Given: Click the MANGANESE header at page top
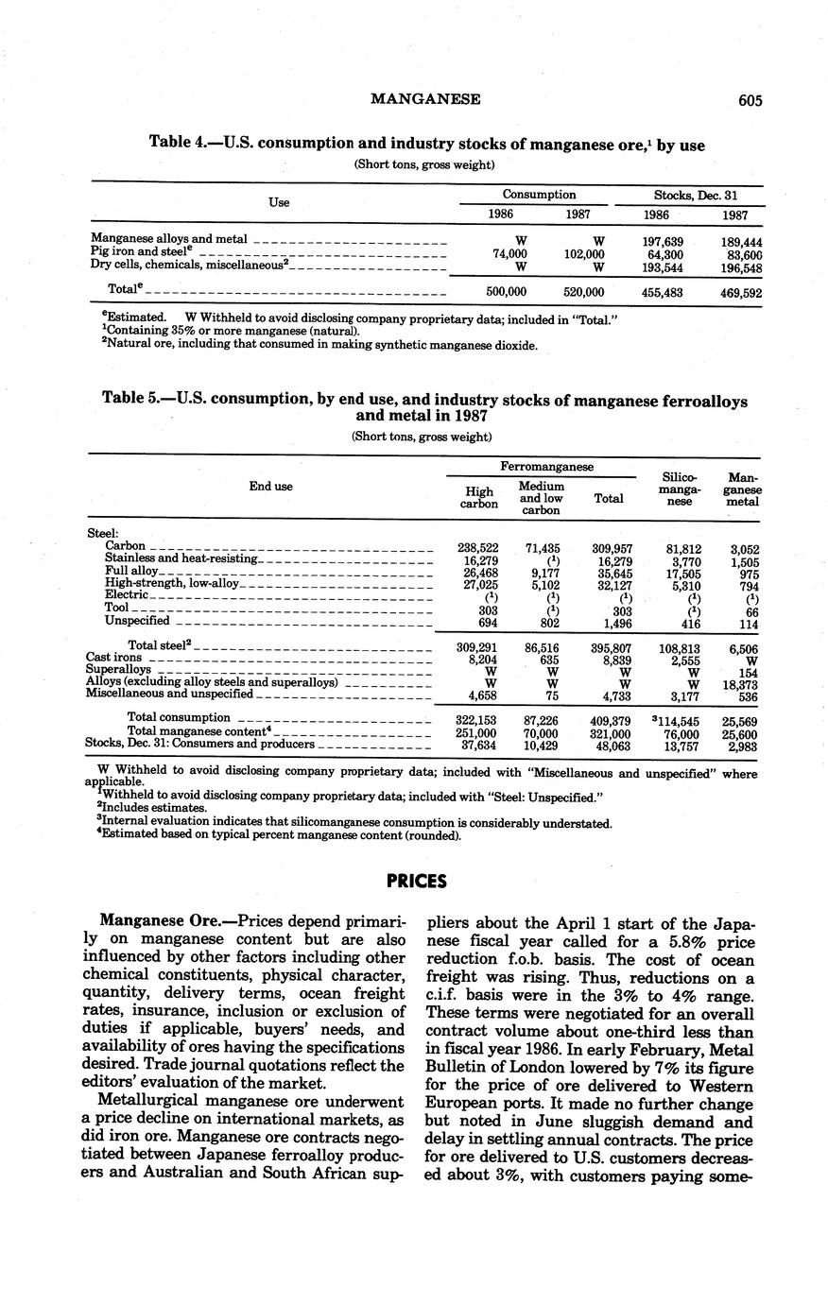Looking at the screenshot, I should (x=425, y=99).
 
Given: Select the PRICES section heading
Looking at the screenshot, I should (x=416, y=882).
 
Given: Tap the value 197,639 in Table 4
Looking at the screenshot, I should (x=662, y=242).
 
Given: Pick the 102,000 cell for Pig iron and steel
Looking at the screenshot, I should (x=584, y=254).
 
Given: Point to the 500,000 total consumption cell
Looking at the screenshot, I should (x=506, y=293).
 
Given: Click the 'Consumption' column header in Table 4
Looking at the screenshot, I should (x=539, y=195).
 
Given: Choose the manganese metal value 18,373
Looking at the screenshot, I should (x=741, y=682).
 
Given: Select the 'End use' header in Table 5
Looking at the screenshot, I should (x=270, y=486).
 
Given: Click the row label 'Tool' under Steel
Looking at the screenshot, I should (x=116, y=609).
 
